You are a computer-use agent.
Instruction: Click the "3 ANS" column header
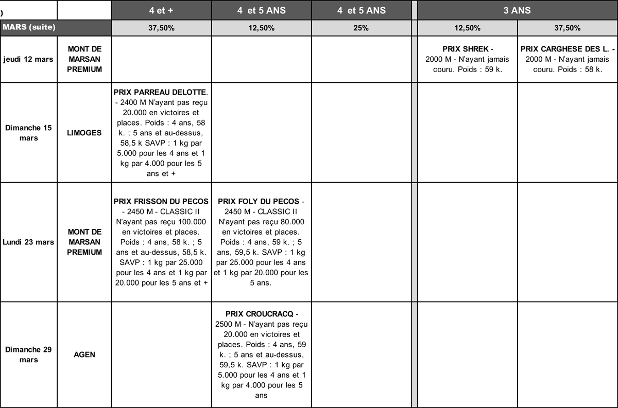tap(517, 10)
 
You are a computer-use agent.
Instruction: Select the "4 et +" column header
tap(161, 10)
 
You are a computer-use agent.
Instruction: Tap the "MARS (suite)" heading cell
tap(29, 27)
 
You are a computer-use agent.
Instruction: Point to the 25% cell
tap(361, 28)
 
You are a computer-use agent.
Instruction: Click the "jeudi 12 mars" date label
tap(28, 59)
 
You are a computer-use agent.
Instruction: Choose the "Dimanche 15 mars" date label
tap(28, 133)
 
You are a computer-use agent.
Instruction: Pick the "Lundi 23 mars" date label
tap(28, 242)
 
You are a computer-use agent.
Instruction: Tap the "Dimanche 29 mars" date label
tap(28, 355)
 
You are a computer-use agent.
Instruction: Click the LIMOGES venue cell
tap(84, 133)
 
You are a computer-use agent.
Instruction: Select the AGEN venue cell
tap(84, 355)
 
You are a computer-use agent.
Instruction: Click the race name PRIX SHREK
tap(465, 49)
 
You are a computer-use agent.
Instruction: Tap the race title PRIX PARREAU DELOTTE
tap(160, 92)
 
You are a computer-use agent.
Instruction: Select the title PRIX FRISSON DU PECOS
tap(161, 201)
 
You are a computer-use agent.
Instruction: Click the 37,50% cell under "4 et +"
tap(161, 28)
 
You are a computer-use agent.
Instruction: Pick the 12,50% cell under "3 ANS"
tap(467, 28)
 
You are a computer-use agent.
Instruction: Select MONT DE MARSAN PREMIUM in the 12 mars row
tap(84, 59)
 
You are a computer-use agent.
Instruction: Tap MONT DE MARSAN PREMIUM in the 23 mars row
tap(84, 242)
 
